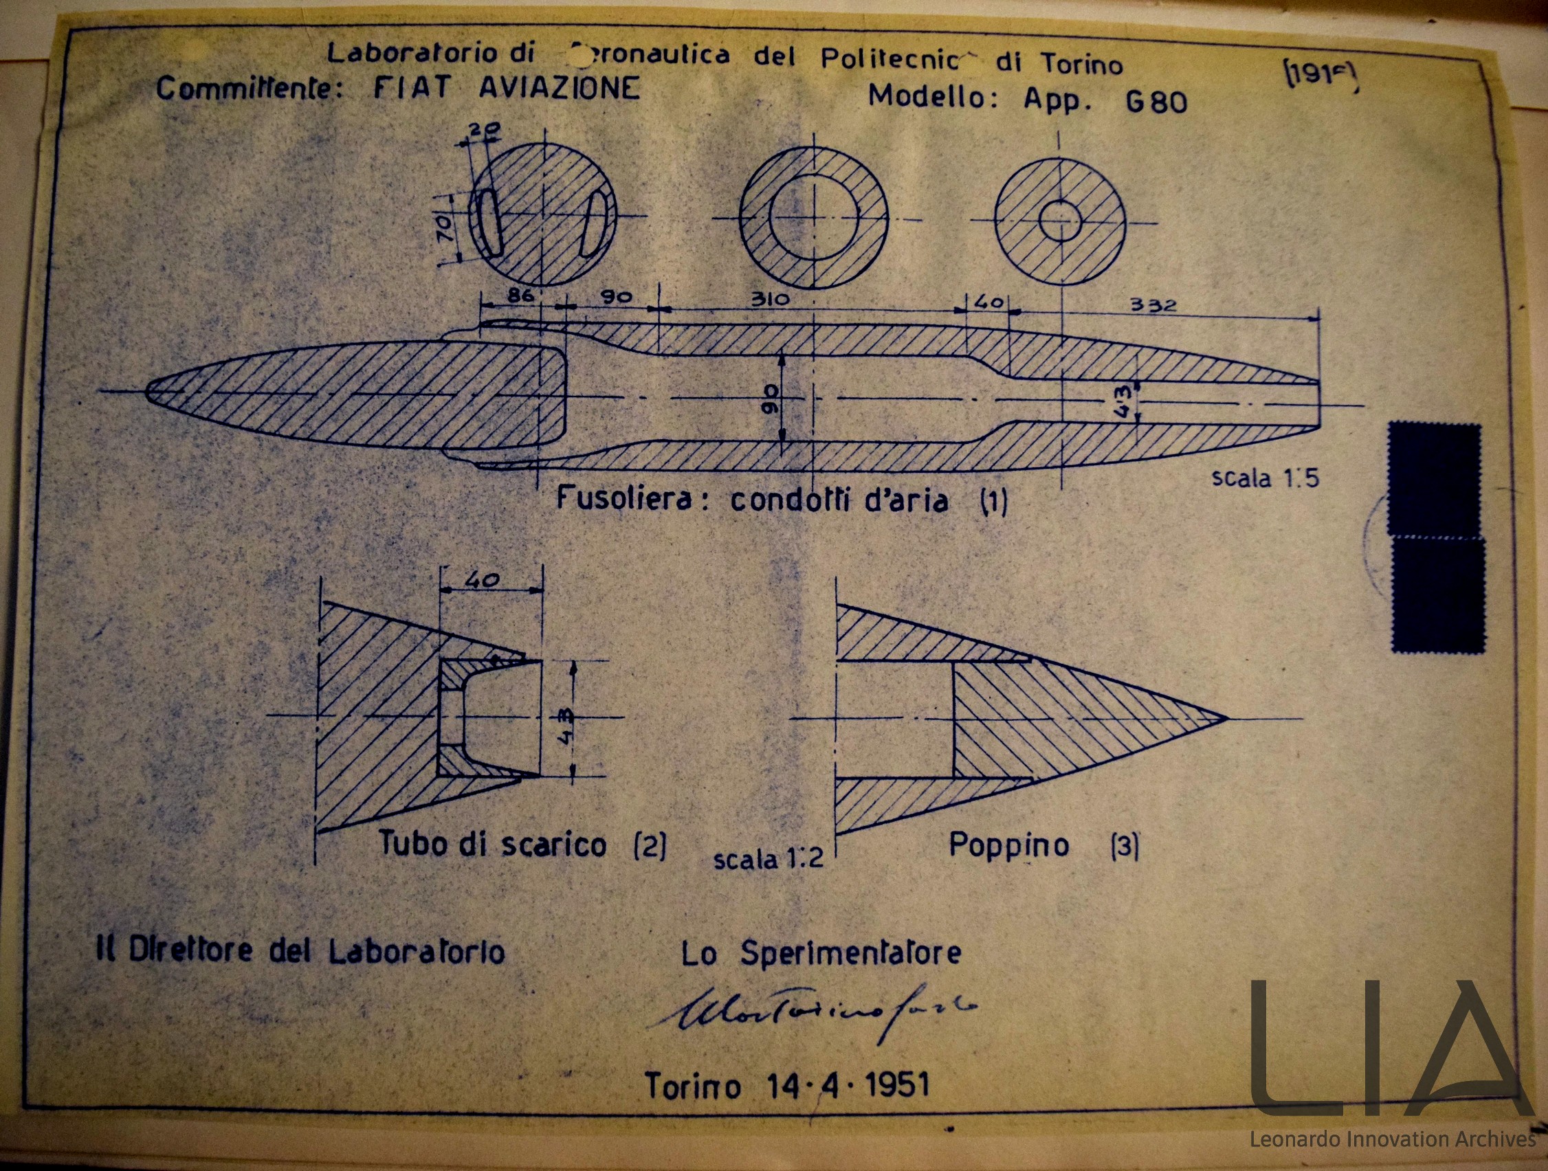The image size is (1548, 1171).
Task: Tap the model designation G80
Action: tap(1156, 102)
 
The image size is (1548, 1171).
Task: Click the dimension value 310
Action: tap(770, 300)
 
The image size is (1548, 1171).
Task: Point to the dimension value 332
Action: tap(1153, 305)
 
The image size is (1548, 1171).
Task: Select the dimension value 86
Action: tap(519, 296)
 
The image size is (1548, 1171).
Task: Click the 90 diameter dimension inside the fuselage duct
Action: tap(770, 398)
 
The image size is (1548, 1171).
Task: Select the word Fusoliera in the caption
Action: tap(625, 499)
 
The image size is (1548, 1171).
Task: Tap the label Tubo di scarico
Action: tap(492, 844)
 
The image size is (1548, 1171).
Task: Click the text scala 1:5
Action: tap(1265, 478)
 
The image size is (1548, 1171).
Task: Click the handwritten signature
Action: tap(812, 1010)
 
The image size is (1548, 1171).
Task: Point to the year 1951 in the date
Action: tap(897, 1085)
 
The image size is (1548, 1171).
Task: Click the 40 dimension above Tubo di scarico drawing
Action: tap(482, 580)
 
